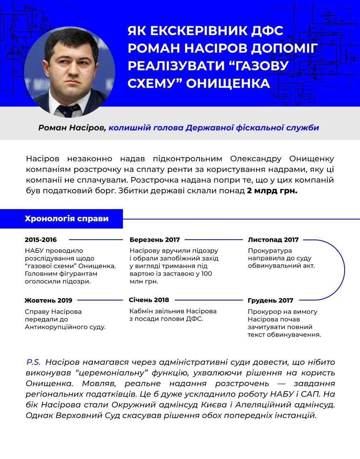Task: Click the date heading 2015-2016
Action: (41, 240)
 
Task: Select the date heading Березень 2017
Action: (155, 240)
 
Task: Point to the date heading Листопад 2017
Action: (273, 240)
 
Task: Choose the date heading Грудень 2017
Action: (270, 301)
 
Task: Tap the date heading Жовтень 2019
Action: (48, 301)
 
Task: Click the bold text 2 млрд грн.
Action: (272, 190)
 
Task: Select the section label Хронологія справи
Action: (67, 219)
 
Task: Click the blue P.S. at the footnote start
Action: (33, 362)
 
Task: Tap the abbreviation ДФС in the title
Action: (265, 30)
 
